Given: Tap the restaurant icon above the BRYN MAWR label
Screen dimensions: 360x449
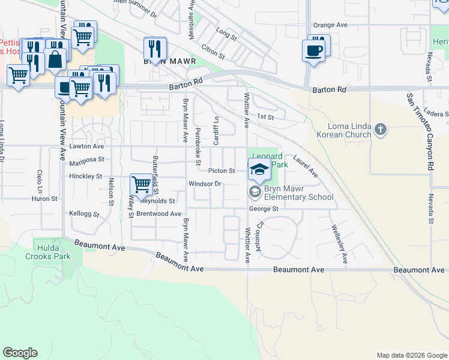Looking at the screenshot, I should pos(155,48).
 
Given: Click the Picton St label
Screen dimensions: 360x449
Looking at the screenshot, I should pos(221,171).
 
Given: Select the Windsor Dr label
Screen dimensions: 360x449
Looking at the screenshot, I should pos(205,184).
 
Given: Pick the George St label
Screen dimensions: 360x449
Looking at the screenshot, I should pos(265,209).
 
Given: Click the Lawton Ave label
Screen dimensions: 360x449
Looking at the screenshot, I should pos(86,146).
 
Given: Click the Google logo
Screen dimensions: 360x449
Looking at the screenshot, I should pos(20,353).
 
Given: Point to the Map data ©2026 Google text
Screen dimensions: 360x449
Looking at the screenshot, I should pos(411,355).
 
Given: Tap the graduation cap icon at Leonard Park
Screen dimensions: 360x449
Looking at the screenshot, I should pos(259,170).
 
